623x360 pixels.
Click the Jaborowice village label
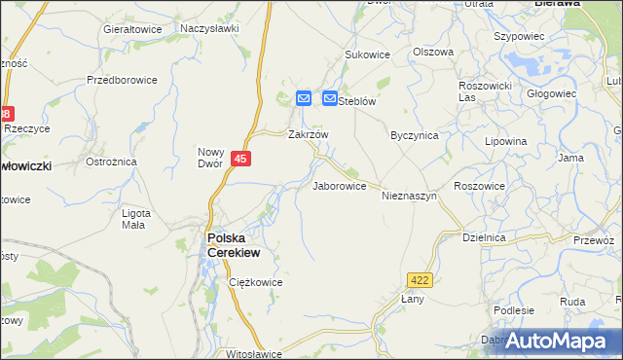click(x=339, y=185)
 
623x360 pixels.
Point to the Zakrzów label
click(x=308, y=135)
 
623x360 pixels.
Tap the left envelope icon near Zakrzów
click(x=303, y=98)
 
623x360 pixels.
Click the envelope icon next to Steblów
click(x=329, y=98)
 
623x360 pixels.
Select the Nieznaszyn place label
click(x=414, y=196)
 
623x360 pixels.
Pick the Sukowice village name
click(x=368, y=55)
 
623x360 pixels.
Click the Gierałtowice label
click(x=132, y=29)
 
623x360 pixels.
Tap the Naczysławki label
click(x=209, y=29)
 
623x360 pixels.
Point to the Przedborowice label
click(x=121, y=80)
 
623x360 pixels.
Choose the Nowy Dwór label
click(x=211, y=157)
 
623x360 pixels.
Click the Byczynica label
click(x=414, y=135)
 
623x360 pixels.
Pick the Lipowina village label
click(x=506, y=141)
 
